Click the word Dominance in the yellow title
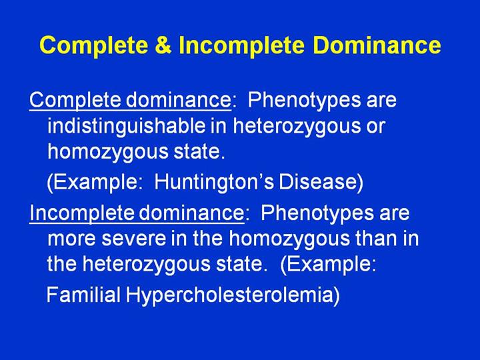377,45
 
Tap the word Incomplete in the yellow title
242,46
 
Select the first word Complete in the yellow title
94,46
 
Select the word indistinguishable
127,126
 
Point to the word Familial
83,295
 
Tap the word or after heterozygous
375,127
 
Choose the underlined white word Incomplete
82,213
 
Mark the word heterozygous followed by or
296,126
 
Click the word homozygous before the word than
289,239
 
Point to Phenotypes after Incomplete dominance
317,213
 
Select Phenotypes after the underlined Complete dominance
304,101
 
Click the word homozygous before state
108,152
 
